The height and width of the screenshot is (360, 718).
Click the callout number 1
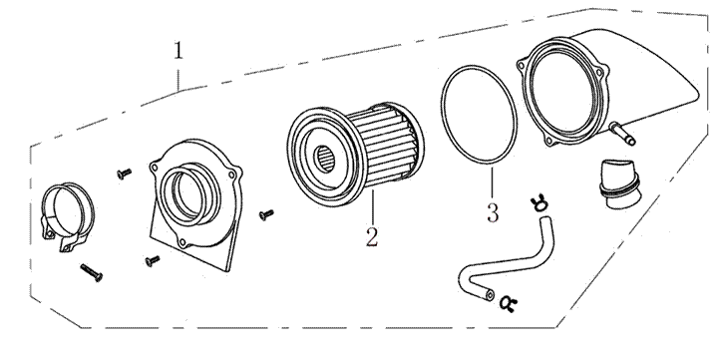[x=179, y=50]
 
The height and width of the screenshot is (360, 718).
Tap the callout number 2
[x=372, y=236]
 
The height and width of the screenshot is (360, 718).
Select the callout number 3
[x=493, y=213]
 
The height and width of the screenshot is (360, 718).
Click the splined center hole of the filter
[x=326, y=159]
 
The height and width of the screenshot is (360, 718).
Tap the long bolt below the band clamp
[x=92, y=272]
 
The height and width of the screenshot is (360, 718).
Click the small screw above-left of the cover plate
[x=124, y=174]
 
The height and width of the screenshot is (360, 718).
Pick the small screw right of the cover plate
[x=266, y=213]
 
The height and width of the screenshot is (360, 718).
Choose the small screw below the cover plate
[x=153, y=260]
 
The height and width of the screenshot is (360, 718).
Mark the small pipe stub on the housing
[x=622, y=134]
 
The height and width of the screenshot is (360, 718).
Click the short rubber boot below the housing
[x=617, y=184]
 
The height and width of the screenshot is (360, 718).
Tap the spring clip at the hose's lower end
[x=508, y=303]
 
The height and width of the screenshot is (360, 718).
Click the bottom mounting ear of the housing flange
[x=550, y=141]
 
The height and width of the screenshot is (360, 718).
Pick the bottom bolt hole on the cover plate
[x=182, y=242]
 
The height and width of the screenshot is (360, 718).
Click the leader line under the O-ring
[x=493, y=182]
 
